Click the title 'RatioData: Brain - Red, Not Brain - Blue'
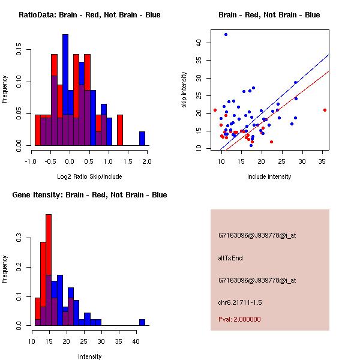(89, 15)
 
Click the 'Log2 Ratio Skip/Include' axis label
(89, 176)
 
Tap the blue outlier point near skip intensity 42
(226, 34)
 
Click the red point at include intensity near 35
(325, 110)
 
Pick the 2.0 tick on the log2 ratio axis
(146, 161)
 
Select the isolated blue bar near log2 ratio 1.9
(142, 139)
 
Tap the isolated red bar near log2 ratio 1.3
(119, 130)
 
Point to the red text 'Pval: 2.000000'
(239, 319)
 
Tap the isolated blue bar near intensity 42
(142, 322)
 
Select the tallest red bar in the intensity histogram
(49, 270)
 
